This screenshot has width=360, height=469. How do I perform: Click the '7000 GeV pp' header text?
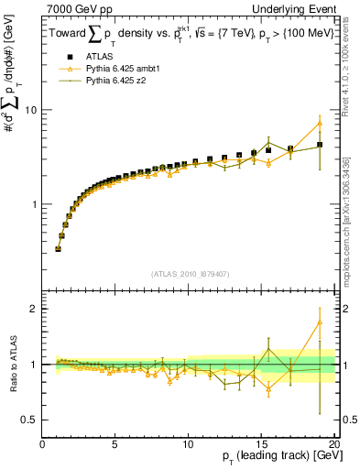pyautogui.click(x=74, y=7)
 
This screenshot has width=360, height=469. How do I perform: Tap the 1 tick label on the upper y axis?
pyautogui.click(x=34, y=203)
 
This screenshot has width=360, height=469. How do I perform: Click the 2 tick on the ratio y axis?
pyautogui.click(x=34, y=309)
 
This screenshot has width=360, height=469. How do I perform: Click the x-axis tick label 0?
pyautogui.click(x=42, y=445)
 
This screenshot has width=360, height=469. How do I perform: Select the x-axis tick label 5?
pyautogui.click(x=115, y=445)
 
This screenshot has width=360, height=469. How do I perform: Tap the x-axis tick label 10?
pyautogui.click(x=189, y=445)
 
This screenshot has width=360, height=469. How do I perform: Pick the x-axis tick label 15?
pyautogui.click(x=262, y=445)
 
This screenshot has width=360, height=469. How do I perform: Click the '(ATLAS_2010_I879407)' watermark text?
pyautogui.click(x=189, y=273)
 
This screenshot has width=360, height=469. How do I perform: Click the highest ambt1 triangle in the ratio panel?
pyautogui.click(x=320, y=322)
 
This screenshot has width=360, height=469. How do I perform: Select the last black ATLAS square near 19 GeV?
pyautogui.click(x=320, y=145)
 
